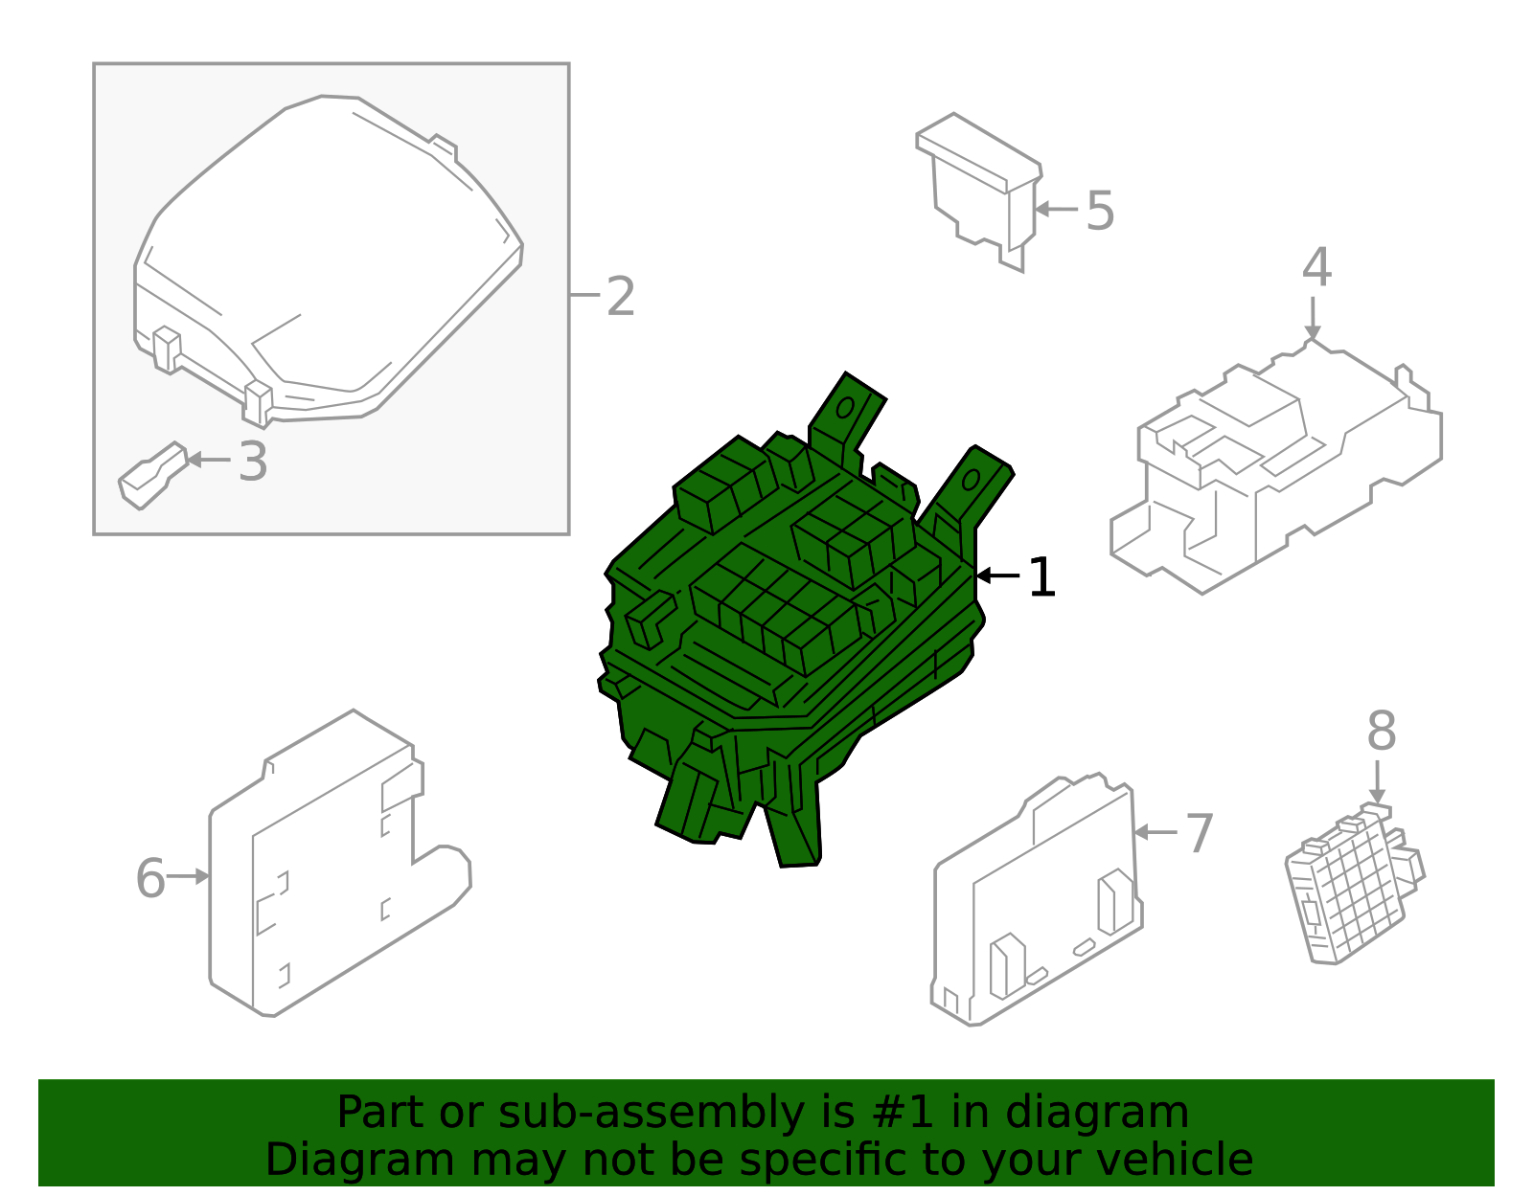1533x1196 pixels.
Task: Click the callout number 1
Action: coord(1041,577)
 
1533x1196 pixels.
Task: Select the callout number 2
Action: coord(621,296)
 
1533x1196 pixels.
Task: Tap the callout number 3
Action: coord(253,462)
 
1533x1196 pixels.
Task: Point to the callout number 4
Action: coord(1316,267)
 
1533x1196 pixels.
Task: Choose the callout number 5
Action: coord(1100,210)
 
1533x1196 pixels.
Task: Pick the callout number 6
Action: coord(150,878)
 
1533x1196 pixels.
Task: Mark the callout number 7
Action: coord(1200,833)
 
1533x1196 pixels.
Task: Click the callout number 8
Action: coord(1382,731)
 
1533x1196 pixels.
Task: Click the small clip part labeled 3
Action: coord(153,475)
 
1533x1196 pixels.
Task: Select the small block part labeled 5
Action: coord(979,192)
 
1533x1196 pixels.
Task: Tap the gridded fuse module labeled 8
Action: coord(1354,884)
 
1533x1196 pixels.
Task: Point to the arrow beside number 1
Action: coord(997,575)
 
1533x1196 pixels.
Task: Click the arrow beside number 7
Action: coord(1155,832)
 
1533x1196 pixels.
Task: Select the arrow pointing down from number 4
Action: coord(1313,319)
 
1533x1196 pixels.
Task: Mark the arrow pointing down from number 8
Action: coord(1377,781)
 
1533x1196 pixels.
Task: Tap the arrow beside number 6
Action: coord(188,876)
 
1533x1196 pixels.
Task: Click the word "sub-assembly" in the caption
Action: coord(652,1112)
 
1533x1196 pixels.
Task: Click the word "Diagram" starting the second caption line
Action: coord(360,1161)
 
